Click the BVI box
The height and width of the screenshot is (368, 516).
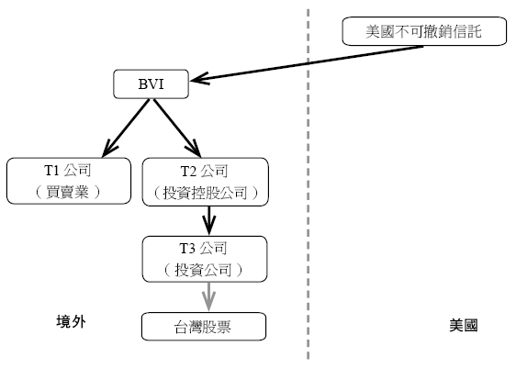(151, 84)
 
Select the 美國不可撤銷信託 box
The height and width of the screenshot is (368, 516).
(424, 31)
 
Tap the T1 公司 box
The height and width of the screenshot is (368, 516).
(69, 181)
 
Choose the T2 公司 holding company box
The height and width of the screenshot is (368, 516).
(206, 182)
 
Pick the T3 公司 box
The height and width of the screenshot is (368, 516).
(205, 259)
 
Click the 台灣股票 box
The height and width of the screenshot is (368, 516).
(204, 327)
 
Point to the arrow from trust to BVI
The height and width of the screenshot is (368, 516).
(307, 63)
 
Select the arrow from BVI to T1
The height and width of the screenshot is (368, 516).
(126, 128)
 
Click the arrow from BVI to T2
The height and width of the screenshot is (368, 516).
(177, 128)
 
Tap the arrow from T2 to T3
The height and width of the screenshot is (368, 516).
(209, 221)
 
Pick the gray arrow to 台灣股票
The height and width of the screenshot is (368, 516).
(208, 296)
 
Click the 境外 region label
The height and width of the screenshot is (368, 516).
(71, 321)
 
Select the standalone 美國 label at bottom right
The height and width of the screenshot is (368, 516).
(464, 325)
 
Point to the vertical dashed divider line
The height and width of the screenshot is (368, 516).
(308, 184)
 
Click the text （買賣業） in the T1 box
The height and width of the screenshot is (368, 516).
(67, 192)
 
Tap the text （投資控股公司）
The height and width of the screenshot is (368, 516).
(206, 193)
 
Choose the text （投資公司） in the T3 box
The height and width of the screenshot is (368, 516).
(204, 270)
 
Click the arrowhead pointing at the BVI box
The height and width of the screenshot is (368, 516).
(199, 79)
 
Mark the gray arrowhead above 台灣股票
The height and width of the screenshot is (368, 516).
(208, 301)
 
